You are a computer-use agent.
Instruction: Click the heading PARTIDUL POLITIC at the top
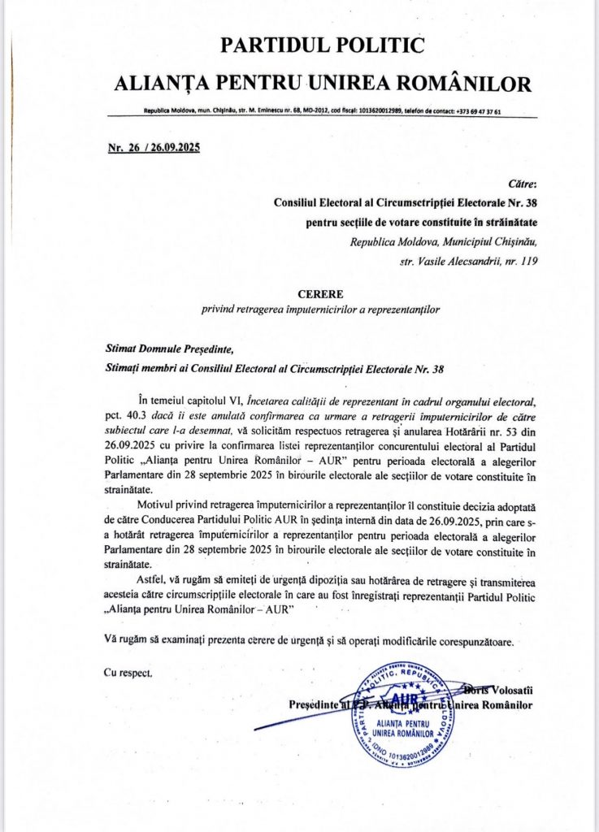pyautogui.click(x=323, y=45)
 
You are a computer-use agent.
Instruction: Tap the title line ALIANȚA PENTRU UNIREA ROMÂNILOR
pyautogui.click(x=323, y=82)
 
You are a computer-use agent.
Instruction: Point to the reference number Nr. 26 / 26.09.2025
pyautogui.click(x=154, y=148)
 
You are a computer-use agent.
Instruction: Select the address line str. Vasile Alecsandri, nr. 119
pyautogui.click(x=470, y=261)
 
